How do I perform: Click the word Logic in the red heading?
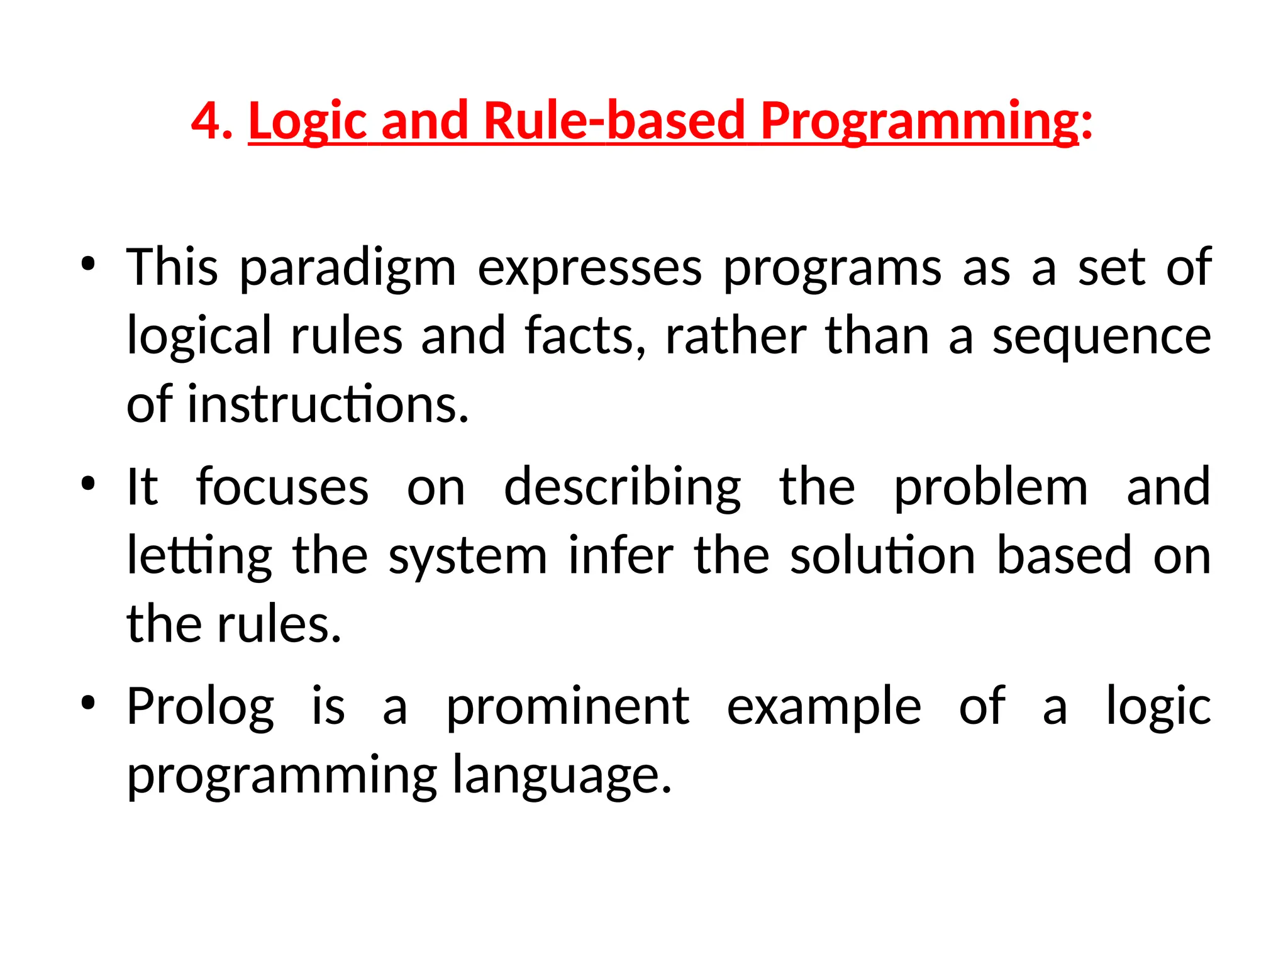click(x=308, y=121)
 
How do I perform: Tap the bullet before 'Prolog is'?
click(x=88, y=703)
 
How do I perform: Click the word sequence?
click(x=1101, y=336)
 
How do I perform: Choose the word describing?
click(x=622, y=488)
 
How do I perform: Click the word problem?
click(x=991, y=488)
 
